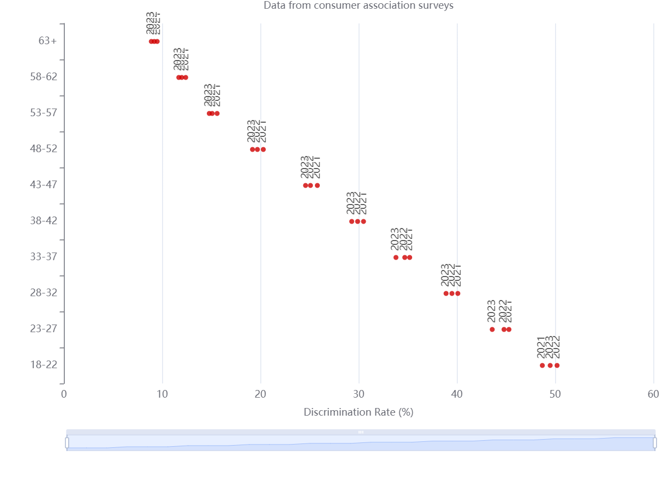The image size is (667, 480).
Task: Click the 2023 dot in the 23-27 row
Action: (x=492, y=329)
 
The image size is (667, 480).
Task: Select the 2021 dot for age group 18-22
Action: (x=543, y=365)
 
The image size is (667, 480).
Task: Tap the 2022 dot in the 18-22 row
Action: (x=557, y=365)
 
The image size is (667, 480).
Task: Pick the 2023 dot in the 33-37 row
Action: (x=396, y=257)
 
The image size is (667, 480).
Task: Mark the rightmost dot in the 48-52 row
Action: (x=263, y=149)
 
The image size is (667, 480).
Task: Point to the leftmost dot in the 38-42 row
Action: (x=352, y=221)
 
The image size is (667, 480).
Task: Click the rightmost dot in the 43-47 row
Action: (x=317, y=185)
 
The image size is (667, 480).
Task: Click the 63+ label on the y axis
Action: (x=48, y=41)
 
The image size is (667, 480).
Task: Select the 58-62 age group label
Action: (x=44, y=77)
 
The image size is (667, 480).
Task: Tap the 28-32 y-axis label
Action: (x=44, y=293)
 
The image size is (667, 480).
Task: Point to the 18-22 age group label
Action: (x=44, y=365)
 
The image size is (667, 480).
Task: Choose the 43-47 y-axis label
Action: (x=44, y=185)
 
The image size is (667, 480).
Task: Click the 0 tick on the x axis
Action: (x=64, y=394)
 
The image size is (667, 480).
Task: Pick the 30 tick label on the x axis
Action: (x=359, y=394)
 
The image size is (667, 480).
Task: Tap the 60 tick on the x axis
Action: (x=653, y=394)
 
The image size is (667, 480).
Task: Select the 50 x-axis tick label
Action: (x=555, y=394)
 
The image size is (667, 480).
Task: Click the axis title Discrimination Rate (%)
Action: (x=359, y=412)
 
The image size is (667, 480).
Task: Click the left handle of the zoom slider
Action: (x=67, y=443)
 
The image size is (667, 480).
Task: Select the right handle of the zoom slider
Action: (x=654, y=443)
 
